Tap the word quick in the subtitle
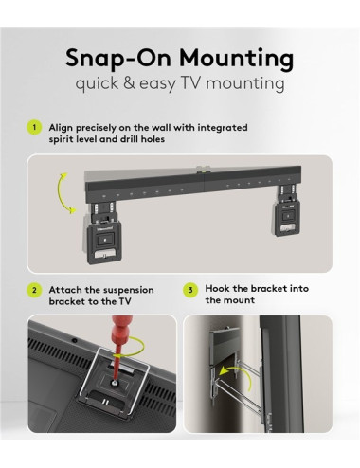point(99,83)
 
